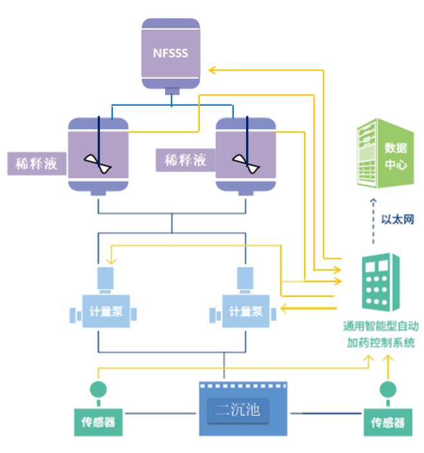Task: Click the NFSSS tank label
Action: coord(171,53)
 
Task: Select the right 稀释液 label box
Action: coord(185,160)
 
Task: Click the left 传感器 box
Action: coord(98,422)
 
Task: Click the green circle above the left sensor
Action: coord(98,389)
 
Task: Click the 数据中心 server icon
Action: coord(385,156)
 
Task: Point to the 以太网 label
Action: coord(398,219)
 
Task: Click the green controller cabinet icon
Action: coord(380,283)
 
